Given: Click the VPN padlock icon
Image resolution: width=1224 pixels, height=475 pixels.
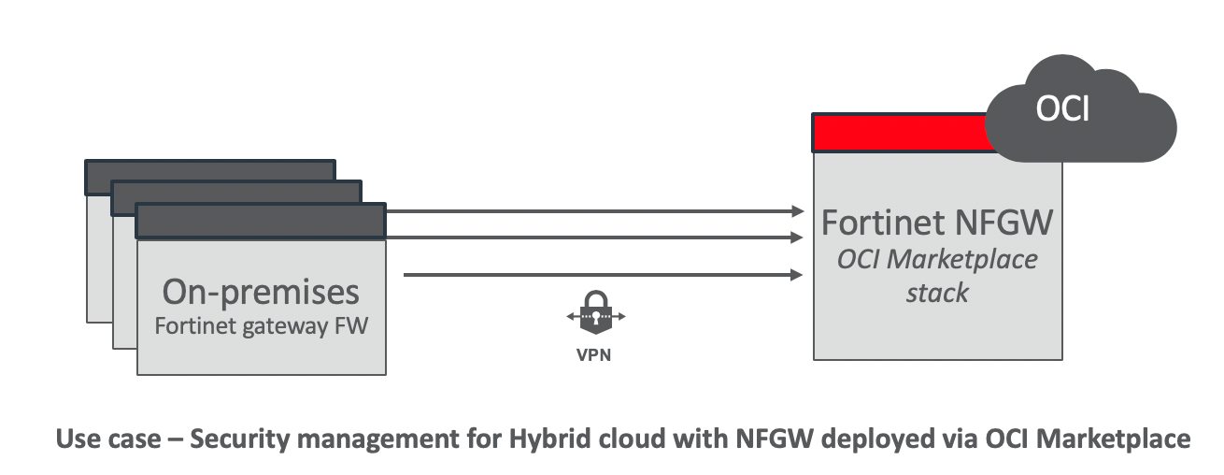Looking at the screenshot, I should [x=595, y=315].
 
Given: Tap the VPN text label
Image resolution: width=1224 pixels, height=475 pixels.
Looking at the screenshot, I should [x=595, y=356].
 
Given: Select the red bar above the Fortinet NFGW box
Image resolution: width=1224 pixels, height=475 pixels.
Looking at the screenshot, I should [x=897, y=133].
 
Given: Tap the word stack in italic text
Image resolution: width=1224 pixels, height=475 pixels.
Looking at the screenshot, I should [x=937, y=293].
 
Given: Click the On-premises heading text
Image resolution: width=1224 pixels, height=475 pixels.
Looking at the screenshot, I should [x=261, y=292].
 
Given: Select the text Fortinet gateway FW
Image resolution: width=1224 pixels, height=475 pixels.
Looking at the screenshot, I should [x=261, y=327].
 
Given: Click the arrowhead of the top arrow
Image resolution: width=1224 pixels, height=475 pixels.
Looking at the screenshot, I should [x=798, y=210].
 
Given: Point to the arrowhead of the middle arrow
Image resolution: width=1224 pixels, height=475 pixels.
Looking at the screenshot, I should [x=798, y=237].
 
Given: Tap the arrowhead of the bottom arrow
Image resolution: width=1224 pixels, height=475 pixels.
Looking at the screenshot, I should [x=798, y=275].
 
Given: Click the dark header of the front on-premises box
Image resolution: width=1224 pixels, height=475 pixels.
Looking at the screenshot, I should [x=261, y=222].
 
